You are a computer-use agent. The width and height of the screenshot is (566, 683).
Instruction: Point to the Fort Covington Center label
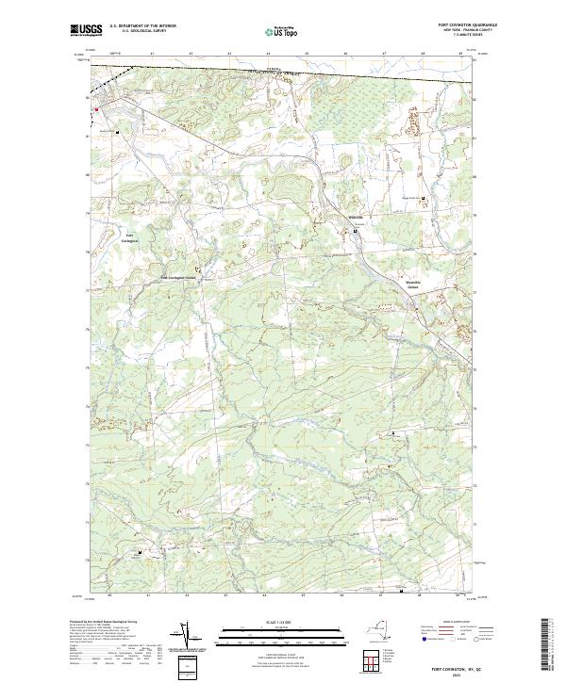[x=178, y=278]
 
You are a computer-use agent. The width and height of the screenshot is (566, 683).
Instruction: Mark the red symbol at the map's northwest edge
[x=94, y=109]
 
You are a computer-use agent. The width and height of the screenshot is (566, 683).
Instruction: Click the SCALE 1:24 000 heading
[x=282, y=622]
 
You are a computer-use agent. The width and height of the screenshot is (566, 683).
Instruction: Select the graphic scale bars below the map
[x=282, y=637]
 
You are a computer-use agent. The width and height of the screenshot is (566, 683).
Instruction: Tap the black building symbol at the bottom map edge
[x=403, y=593]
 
